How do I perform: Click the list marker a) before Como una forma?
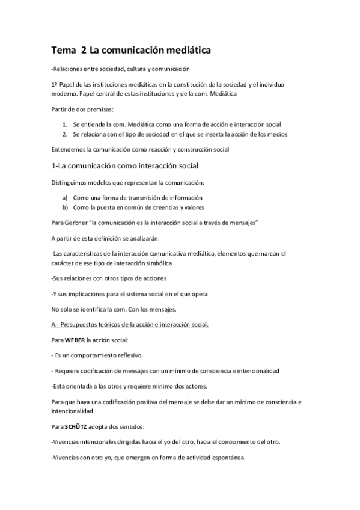[65, 197]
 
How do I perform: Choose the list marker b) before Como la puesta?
[65, 207]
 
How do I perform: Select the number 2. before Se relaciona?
[64, 134]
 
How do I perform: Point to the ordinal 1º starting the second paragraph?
[55, 84]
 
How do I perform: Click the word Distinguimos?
[73, 182]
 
